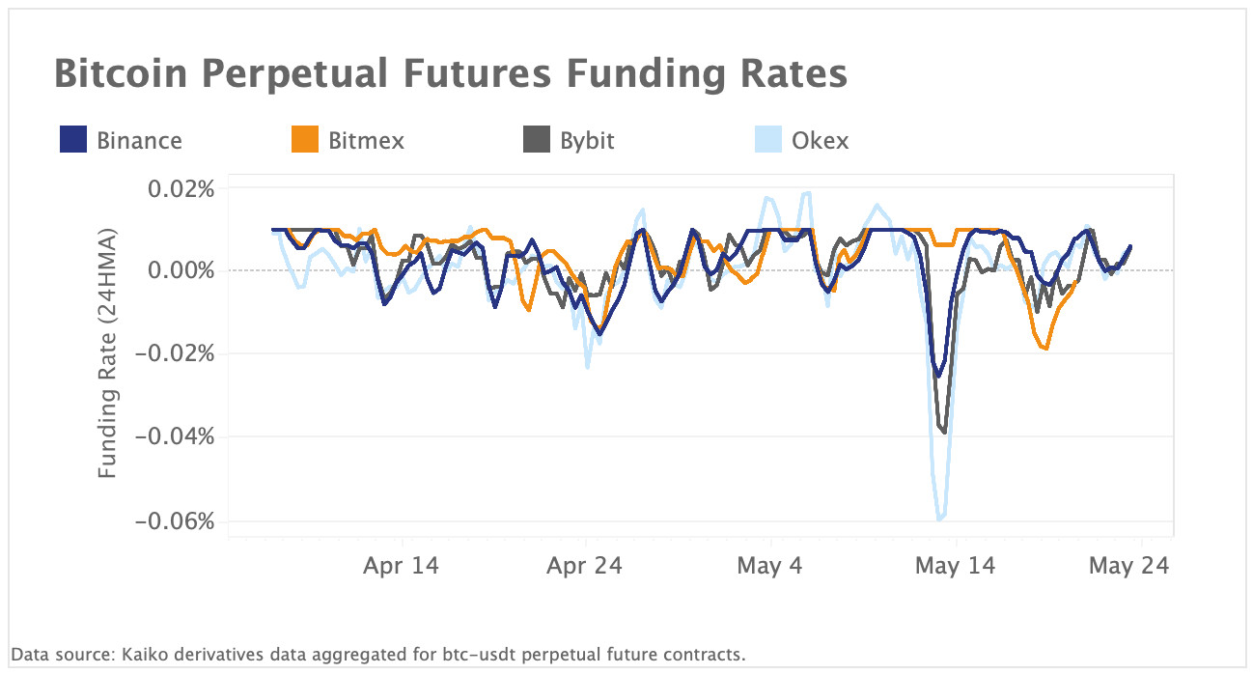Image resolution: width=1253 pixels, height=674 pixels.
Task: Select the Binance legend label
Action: [139, 140]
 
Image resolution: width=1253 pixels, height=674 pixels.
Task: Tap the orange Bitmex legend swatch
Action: [305, 140]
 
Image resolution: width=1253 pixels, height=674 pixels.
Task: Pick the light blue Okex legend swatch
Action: [768, 140]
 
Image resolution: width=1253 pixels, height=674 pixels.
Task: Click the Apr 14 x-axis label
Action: [401, 566]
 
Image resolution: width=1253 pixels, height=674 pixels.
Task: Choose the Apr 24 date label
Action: [584, 566]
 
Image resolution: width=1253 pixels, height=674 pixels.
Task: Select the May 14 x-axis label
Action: [954, 566]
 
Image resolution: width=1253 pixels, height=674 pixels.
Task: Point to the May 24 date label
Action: [1128, 566]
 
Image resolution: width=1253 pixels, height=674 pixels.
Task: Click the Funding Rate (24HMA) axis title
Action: [107, 354]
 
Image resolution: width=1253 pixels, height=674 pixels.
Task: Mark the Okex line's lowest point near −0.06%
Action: [939, 520]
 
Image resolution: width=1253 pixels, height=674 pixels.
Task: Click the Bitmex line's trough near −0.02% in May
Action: [1046, 349]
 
